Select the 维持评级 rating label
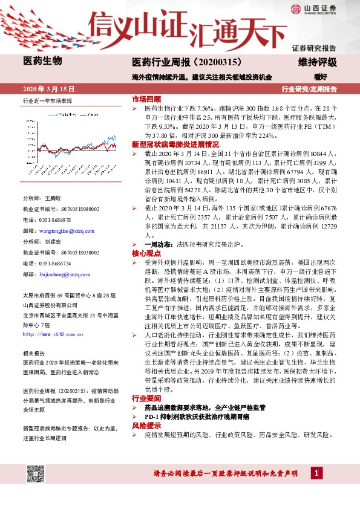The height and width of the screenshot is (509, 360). coord(317,62)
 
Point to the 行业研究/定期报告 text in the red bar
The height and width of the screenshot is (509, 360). coord(309,88)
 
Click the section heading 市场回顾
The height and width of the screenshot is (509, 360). coord(146,99)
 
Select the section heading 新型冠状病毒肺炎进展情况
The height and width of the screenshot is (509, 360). coord(175,145)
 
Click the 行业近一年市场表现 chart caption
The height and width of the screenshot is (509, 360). coord(47,100)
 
